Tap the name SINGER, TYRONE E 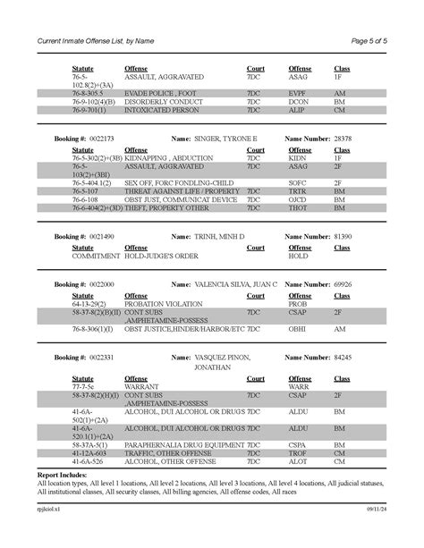coord(225,140)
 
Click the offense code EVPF coord(297,92)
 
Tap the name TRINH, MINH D coord(219,236)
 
